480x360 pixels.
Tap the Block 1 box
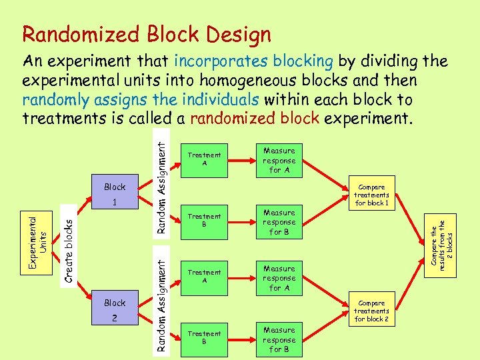pos(115,193)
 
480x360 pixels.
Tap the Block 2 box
pos(115,310)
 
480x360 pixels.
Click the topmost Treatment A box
pos(204,160)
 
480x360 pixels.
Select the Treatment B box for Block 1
pos(204,221)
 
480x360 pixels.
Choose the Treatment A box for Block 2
pos(204,277)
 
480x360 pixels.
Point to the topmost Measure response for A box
pos(279,160)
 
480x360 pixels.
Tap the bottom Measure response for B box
pos(279,339)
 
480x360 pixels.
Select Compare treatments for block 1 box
pos(371,195)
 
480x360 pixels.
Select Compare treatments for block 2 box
pos(371,311)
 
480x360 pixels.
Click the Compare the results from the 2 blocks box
pos(442,241)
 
